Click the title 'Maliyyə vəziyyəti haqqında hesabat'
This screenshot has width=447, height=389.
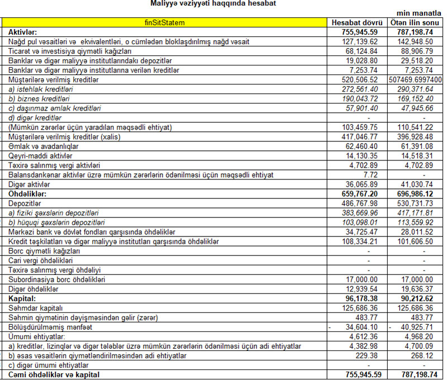[x=213, y=4]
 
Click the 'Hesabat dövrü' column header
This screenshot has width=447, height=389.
[x=356, y=22]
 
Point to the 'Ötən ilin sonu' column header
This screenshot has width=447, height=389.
[x=415, y=22]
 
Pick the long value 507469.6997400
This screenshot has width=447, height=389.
[x=415, y=80]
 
